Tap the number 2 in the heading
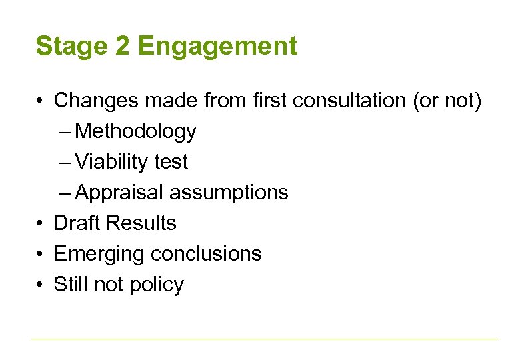124,47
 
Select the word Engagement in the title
217,47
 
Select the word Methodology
136,131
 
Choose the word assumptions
228,193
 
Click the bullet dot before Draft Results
41,224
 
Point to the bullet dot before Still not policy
41,285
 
